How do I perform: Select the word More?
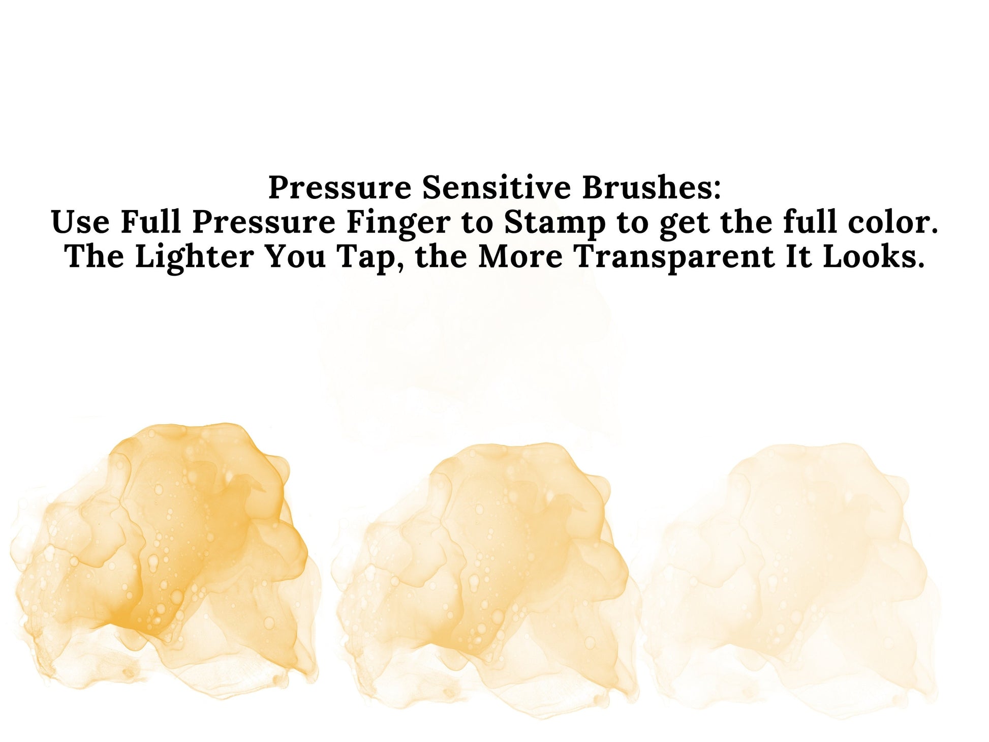coord(520,256)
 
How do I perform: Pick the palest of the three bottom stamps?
coord(793,575)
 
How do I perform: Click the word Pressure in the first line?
coord(339,187)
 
